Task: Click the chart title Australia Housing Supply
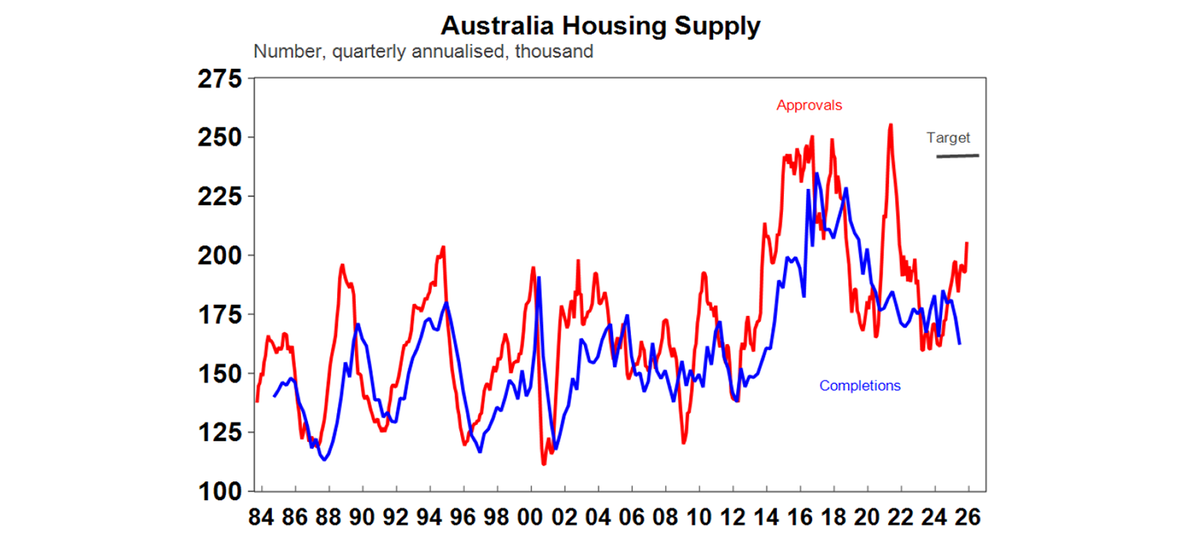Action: [600, 26]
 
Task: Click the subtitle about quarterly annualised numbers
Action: [423, 53]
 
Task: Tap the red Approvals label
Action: [809, 105]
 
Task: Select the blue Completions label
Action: [860, 386]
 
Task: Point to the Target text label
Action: [948, 138]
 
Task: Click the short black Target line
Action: [957, 156]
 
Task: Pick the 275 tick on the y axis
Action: [223, 78]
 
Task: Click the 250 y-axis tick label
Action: [223, 137]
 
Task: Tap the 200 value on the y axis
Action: [223, 256]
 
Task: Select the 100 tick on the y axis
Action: [223, 491]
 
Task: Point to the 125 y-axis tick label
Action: [223, 433]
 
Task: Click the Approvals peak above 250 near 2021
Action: [890, 125]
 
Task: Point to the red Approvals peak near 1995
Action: [444, 248]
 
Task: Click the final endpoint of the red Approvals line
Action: [967, 243]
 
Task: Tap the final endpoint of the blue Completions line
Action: [960, 343]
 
